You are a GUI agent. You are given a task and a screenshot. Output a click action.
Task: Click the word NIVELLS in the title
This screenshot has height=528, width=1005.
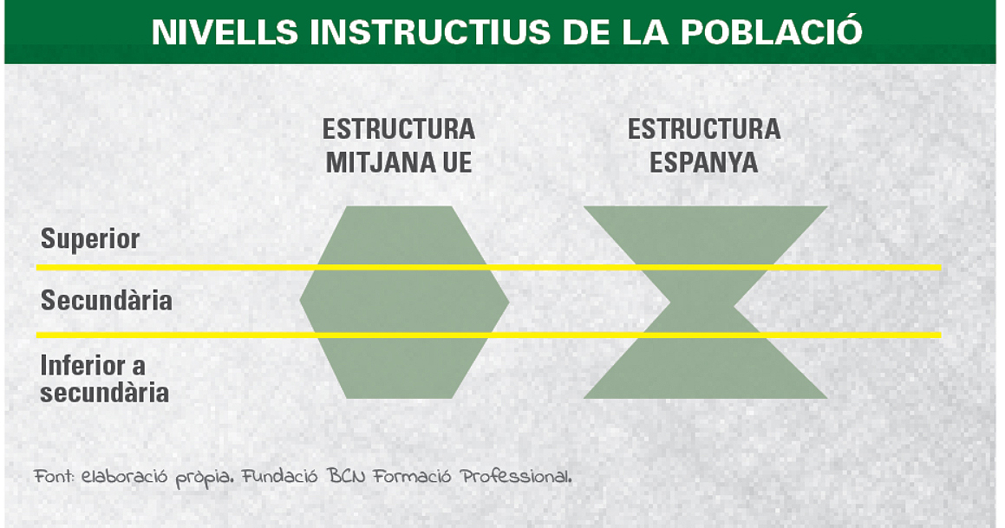pos(225,32)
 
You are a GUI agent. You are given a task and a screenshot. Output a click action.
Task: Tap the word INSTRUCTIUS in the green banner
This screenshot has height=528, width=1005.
pos(429,32)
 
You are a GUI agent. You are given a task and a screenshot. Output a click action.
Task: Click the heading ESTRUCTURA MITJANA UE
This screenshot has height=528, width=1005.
pos(399,146)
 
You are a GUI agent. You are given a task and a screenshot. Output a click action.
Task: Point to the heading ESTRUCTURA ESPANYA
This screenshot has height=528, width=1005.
pos(704,146)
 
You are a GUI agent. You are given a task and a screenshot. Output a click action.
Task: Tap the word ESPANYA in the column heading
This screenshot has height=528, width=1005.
pos(704,162)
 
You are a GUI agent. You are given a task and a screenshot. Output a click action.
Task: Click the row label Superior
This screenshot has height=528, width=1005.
pos(89,239)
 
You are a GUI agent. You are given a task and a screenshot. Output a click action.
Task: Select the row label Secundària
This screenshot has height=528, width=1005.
pos(107,300)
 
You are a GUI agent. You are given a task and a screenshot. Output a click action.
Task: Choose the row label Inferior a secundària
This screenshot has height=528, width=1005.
pos(104,379)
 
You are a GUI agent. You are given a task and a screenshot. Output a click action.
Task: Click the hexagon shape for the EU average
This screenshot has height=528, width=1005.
pos(404,302)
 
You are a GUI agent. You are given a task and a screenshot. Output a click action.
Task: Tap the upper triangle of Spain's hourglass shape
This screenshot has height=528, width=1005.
pos(705,237)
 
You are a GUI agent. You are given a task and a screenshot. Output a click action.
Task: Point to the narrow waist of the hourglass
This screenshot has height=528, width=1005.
pos(702,302)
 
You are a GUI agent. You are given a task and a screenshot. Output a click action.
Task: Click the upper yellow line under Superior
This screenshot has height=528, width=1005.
pos(488,267)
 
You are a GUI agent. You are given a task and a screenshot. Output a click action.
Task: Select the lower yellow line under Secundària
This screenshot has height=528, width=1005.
pos(488,335)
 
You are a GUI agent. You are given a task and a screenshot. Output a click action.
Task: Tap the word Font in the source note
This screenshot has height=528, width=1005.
pos(54,477)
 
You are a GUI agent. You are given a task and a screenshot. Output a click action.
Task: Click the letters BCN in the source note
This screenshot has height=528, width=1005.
pos(346,477)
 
